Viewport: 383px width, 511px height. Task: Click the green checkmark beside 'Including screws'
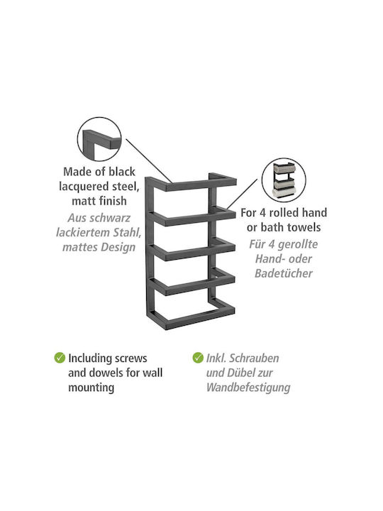tap(60, 358)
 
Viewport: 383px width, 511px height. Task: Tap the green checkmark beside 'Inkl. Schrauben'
tap(198, 358)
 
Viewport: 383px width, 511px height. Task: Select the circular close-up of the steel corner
tap(99, 139)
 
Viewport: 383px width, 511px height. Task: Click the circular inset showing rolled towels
tap(284, 180)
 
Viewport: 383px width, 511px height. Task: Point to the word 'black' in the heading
tap(121, 172)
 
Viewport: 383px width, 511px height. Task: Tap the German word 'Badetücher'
tap(283, 273)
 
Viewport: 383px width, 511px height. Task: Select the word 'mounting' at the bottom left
tap(91, 388)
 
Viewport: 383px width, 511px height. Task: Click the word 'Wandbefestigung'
tap(248, 388)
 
